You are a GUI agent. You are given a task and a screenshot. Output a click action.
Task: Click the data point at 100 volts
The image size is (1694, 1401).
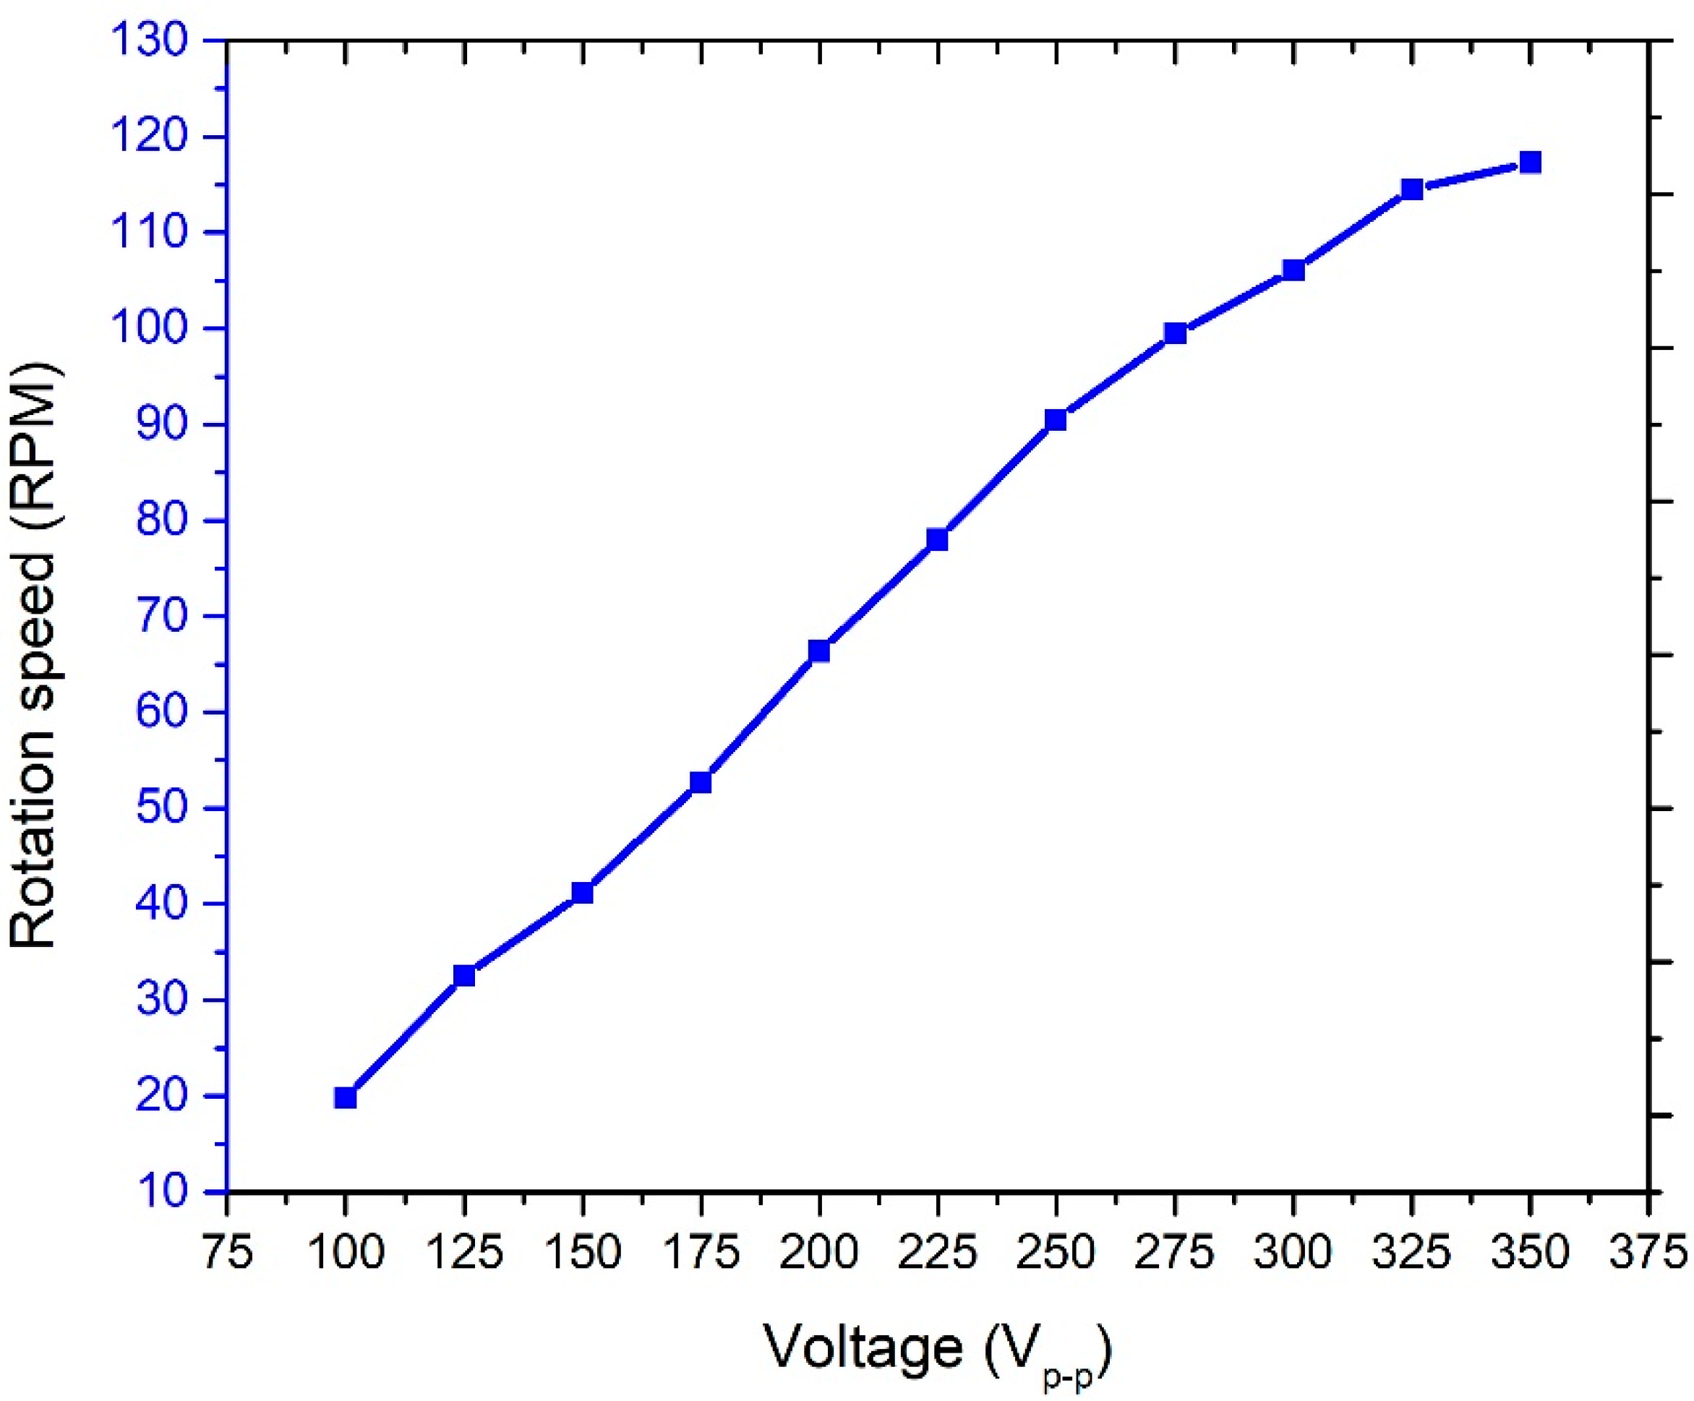pos(346,1097)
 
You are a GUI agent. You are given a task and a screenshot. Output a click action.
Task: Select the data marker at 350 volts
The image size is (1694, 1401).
pos(1531,163)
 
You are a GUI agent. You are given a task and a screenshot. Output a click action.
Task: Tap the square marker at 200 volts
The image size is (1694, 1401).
pos(818,651)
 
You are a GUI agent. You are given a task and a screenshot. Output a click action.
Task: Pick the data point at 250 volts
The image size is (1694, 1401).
pos(1056,419)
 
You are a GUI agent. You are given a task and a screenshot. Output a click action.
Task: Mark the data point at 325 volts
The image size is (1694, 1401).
pos(1411,189)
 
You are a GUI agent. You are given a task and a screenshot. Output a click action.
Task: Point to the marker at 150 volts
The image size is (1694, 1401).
pos(583,893)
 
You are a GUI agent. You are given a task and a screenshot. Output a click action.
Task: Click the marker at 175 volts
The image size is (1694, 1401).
pos(700,782)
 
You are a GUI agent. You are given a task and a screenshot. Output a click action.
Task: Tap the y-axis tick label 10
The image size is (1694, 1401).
pos(161,1191)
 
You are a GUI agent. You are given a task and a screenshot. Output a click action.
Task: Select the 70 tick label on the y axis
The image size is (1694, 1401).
pos(161,616)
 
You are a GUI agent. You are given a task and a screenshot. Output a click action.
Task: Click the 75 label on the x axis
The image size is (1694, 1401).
pos(227,1253)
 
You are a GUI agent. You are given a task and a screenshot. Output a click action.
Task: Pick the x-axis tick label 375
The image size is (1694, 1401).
pos(1647,1253)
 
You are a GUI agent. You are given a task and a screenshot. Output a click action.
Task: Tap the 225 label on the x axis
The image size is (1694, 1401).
pos(937,1253)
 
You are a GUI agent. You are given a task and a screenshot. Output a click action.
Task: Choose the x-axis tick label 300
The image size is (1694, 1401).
pos(1293,1253)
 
